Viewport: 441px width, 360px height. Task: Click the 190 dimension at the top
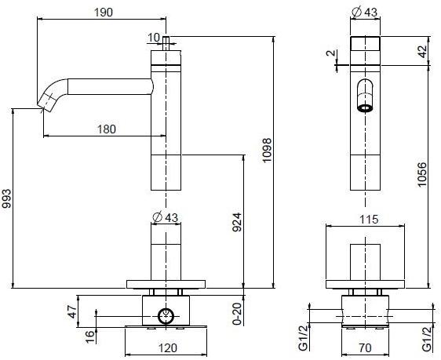click(103, 12)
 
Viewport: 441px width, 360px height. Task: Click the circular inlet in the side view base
click(166, 316)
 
